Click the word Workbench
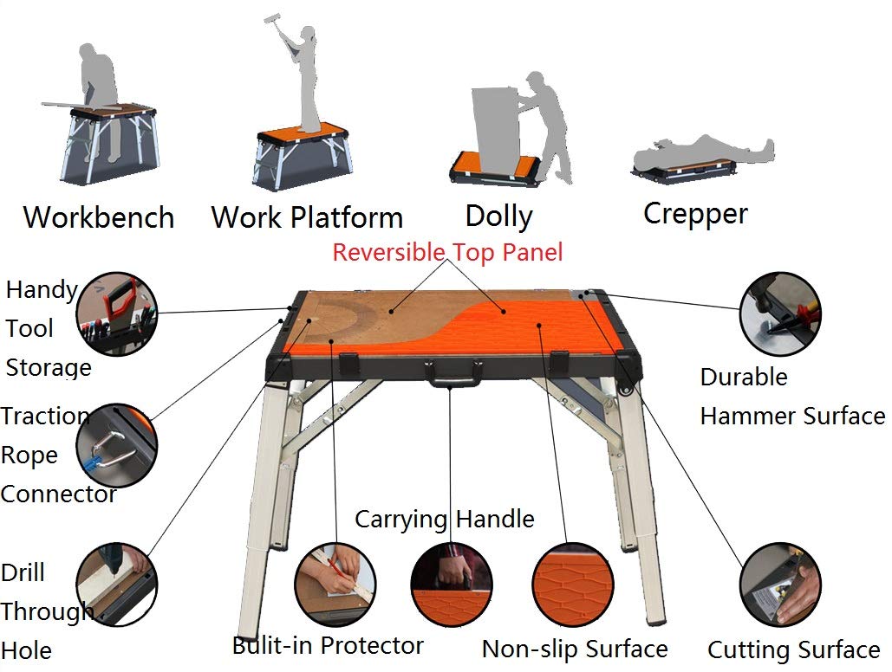pos(98,216)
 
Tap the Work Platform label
pos(307,216)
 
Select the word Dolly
pos(498,216)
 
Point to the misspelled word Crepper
pos(695,213)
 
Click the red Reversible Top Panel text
pos(447,252)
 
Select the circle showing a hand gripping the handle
pos(451,583)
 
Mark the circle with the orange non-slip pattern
pos(572,583)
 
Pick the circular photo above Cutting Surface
pos(780,584)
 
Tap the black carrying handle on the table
pos(453,373)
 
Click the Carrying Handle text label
pos(444,520)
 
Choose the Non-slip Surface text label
pos(574,649)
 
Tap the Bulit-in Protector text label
pos(328,645)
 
